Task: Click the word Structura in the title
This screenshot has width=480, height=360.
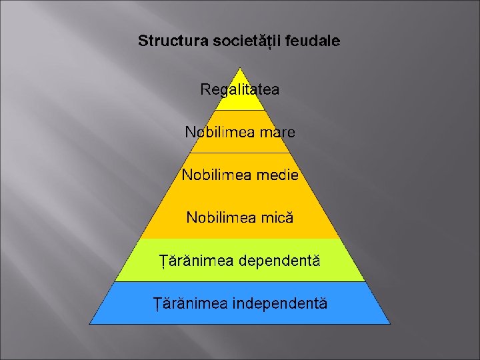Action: (x=173, y=41)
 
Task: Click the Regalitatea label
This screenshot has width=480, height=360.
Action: (x=240, y=89)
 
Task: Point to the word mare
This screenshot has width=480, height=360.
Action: (x=277, y=132)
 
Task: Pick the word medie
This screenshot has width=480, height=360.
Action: (x=277, y=175)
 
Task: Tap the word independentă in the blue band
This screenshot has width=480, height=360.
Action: (x=280, y=304)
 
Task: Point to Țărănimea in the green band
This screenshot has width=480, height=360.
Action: (x=195, y=261)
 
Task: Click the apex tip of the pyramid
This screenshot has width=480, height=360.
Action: (x=240, y=67)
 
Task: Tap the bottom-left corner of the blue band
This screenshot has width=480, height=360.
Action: (x=91, y=323)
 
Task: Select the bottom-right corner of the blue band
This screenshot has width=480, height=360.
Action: (x=389, y=323)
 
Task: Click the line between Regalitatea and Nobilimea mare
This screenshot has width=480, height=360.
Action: (x=240, y=110)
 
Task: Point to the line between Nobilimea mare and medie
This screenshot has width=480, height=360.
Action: (x=240, y=153)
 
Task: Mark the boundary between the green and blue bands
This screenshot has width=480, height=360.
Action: (x=240, y=281)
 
